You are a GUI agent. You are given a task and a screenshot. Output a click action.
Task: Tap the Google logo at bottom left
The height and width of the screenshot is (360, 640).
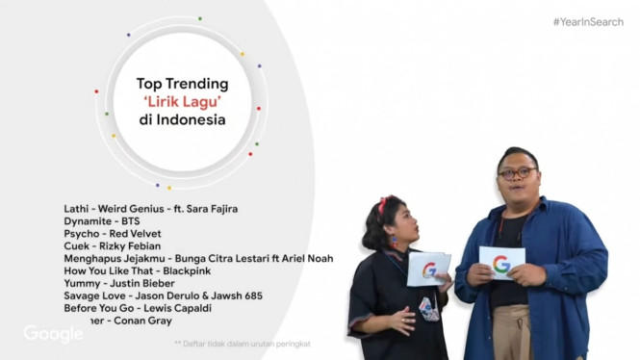click(x=53, y=334)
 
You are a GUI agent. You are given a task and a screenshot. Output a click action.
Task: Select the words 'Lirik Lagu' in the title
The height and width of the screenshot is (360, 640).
click(x=182, y=102)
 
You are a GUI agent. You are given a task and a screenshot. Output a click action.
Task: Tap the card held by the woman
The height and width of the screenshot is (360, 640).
click(x=428, y=269)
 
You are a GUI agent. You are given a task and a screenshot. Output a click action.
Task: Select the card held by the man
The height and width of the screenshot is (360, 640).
click(x=501, y=262)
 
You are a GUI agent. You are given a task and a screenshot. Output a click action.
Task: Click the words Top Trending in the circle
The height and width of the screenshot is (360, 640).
click(x=182, y=84)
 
